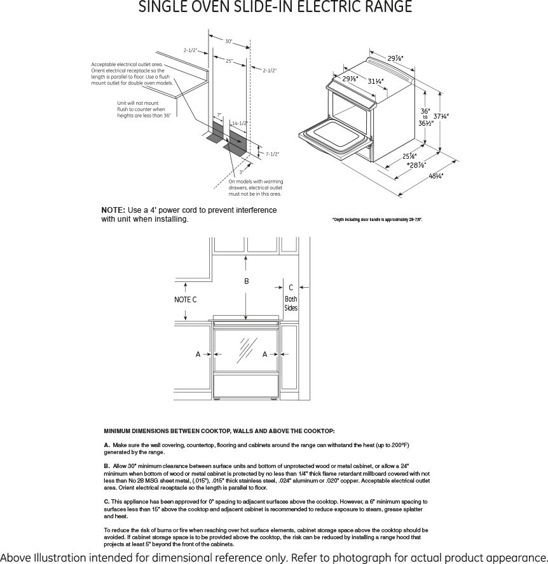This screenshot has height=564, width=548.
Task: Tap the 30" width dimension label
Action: [228, 41]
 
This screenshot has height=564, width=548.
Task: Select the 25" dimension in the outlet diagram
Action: [229, 60]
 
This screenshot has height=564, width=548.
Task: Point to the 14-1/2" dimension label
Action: [240, 123]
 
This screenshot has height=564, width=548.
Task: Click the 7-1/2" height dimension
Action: [272, 154]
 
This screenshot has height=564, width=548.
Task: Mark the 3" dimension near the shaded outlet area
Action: [241, 171]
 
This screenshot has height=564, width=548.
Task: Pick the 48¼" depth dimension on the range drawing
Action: [436, 176]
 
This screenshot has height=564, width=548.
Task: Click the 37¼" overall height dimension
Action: [442, 116]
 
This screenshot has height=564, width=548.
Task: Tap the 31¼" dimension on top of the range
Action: [375, 81]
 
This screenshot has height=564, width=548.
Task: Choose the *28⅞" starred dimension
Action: [416, 165]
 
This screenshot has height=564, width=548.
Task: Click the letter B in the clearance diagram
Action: [247, 281]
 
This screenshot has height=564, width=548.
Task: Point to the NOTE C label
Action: [186, 299]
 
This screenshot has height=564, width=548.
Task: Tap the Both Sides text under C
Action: [291, 304]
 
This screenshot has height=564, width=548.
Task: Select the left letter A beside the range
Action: [198, 354]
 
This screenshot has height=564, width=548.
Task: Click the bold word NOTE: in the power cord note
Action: [113, 210]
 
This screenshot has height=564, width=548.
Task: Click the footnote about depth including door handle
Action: [377, 220]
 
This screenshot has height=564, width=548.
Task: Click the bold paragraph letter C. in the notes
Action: [107, 502]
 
